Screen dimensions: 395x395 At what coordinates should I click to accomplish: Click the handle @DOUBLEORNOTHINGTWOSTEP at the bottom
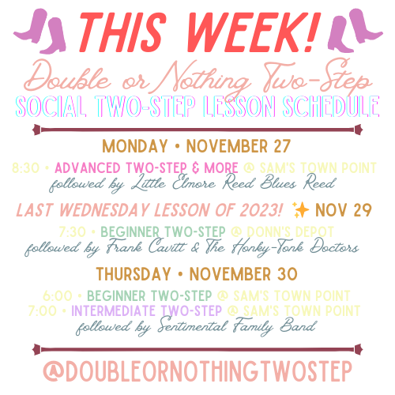[197, 371]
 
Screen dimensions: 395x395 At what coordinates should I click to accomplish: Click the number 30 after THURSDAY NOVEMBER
[285, 274]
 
